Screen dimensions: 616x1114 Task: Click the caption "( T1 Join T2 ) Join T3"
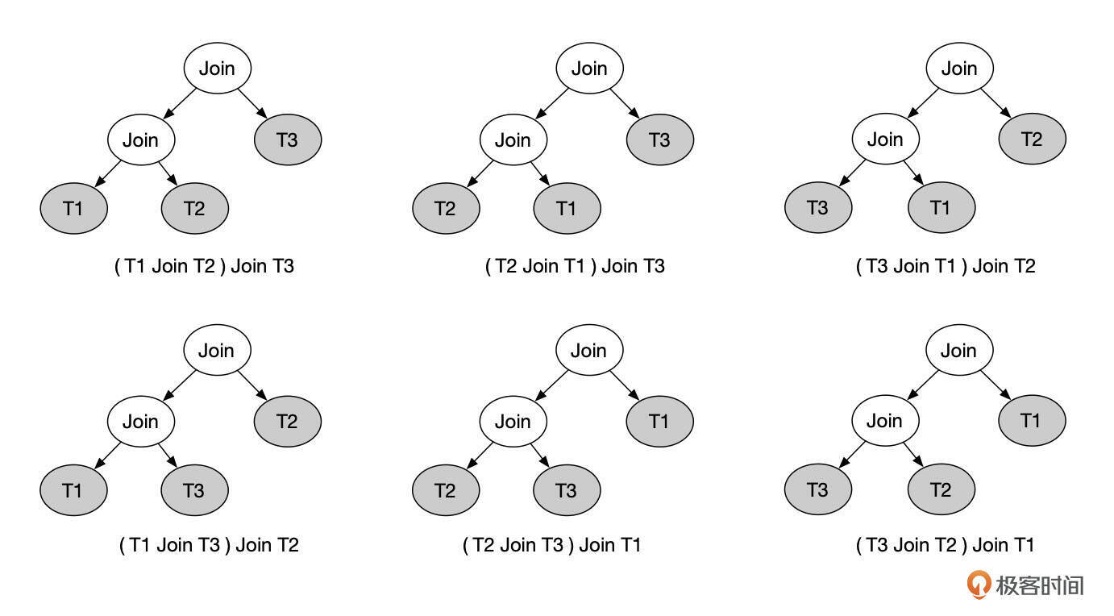coord(205,265)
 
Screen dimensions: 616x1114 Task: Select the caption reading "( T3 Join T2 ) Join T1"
coord(945,545)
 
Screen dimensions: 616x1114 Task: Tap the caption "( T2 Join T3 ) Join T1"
coord(552,545)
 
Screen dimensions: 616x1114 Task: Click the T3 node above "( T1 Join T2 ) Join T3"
coord(288,139)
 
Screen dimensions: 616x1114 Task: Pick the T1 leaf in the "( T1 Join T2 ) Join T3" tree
coord(73,209)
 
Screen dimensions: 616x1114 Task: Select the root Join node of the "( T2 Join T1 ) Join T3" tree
coord(589,69)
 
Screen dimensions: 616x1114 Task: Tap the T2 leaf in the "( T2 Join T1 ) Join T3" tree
coord(446,209)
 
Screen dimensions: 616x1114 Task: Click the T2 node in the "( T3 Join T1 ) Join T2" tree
coord(1032,139)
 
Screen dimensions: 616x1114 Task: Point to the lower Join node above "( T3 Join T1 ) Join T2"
coord(885,139)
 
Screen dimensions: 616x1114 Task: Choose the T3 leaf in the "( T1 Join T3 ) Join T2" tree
coord(194,490)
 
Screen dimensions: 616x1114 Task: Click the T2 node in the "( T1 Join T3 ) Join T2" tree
coord(288,421)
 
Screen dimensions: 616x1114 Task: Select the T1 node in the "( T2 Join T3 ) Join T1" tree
coord(659,421)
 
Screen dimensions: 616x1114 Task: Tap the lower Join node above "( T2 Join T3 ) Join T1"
coord(513,421)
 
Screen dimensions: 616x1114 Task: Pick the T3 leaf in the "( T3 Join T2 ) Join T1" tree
coord(817,489)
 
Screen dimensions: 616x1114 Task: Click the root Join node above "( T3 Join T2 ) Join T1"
coord(958,351)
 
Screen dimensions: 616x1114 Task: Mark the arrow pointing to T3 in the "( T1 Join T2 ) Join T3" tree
coord(253,104)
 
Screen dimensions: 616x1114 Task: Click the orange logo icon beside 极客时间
coord(979,585)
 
